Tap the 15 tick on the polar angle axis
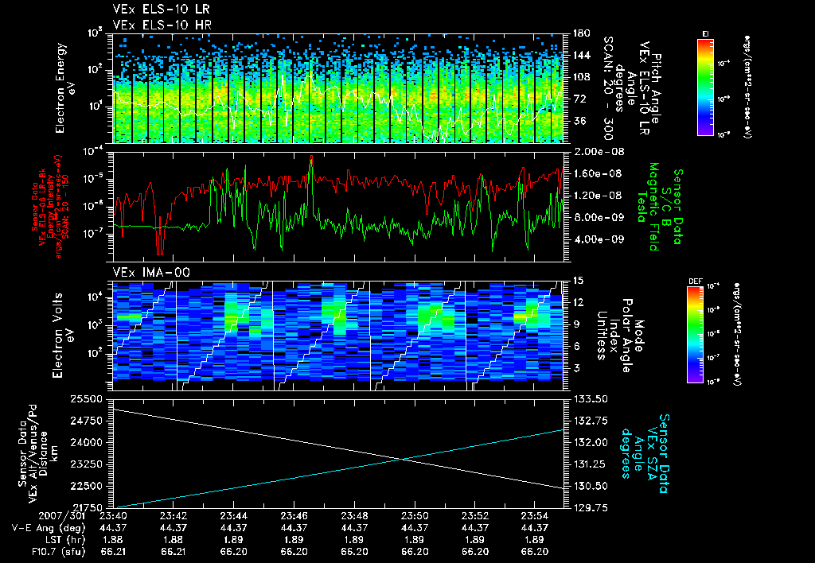578,280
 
